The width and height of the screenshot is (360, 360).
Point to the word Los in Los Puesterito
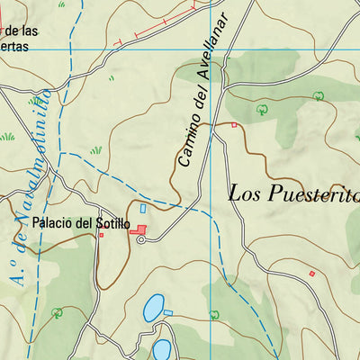pos(245,193)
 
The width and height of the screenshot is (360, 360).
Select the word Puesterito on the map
pos(311,193)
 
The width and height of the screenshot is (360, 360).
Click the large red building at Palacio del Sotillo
pos(140,231)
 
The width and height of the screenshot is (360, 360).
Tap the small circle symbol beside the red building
pos(141,239)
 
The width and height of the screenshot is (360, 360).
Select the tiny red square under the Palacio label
pos(101,236)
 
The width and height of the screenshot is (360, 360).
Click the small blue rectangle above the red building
pos(142,209)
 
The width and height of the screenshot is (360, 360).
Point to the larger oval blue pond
pos(154,309)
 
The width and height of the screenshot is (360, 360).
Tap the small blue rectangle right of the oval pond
pos(168,312)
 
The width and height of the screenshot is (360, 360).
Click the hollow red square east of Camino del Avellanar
pos(235,125)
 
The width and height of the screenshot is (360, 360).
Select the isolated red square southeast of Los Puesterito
pos(312,273)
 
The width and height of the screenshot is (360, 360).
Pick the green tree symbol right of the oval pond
pos(213,314)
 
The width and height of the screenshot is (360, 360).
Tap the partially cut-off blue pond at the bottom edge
pos(162,349)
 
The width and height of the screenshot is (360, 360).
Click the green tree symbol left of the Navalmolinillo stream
pos(57,312)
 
